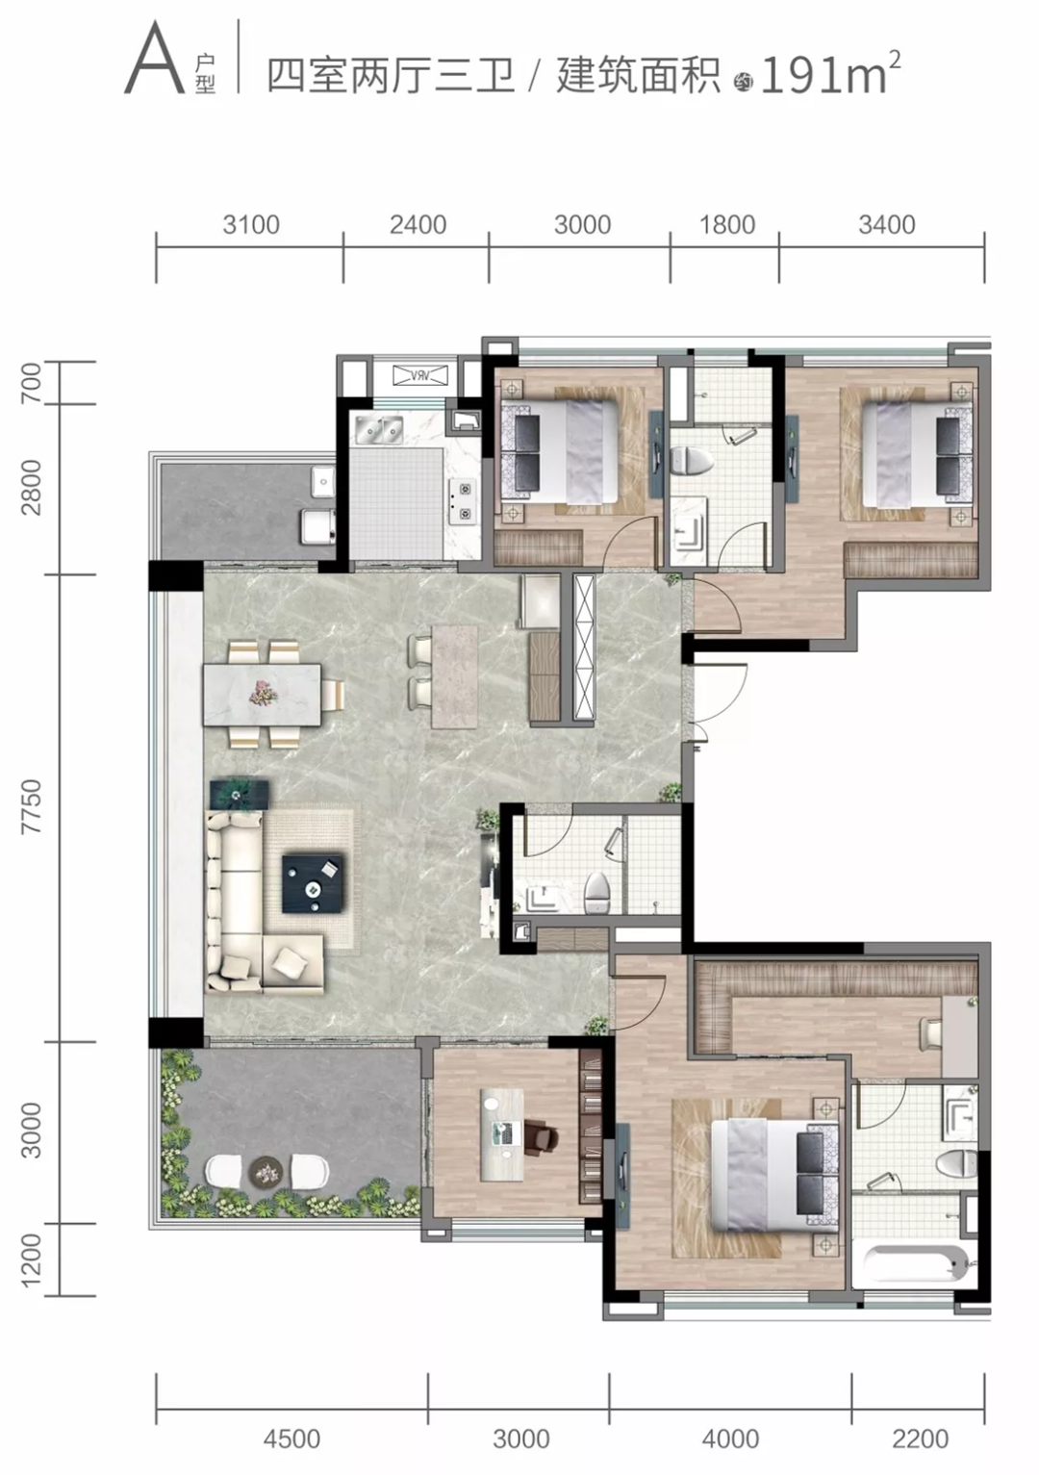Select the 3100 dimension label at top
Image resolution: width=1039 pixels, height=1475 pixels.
(x=251, y=225)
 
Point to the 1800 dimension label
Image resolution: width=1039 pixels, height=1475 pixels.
(x=727, y=225)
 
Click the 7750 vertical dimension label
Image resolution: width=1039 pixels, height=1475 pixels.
(x=32, y=806)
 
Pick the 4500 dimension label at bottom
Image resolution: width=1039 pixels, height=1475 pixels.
(x=291, y=1438)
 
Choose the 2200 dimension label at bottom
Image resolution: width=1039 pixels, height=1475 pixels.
(x=920, y=1438)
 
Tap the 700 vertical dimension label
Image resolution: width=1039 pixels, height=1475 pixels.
(x=32, y=383)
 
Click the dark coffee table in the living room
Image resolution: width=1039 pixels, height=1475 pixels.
(x=313, y=882)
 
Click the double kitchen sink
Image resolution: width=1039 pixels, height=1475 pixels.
(x=378, y=429)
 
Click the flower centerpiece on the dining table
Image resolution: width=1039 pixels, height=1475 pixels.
(x=263, y=693)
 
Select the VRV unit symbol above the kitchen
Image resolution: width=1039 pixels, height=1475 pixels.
(x=420, y=376)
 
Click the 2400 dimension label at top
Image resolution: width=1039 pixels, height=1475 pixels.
(x=418, y=225)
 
